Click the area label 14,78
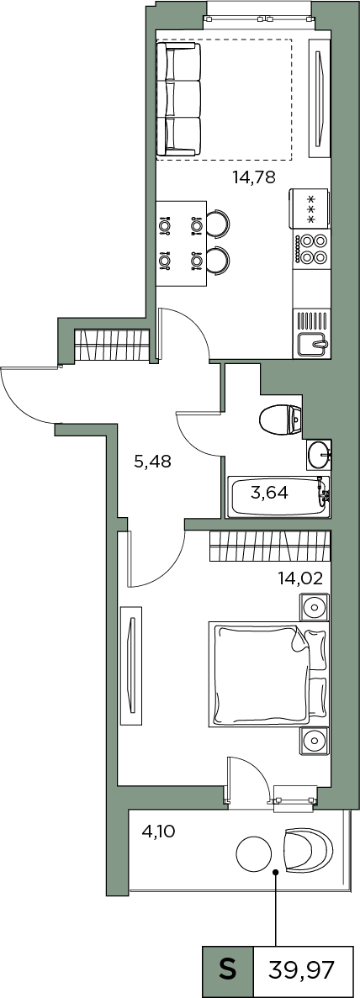point(253,177)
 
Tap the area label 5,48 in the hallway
point(152,462)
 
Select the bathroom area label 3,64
point(268,493)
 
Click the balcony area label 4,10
point(159,830)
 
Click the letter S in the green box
point(227,972)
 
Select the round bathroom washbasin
point(319,455)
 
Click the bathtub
point(279,496)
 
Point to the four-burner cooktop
point(311,249)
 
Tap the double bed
point(268,675)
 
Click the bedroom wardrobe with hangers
point(270,546)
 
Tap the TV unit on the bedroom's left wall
point(130,666)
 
